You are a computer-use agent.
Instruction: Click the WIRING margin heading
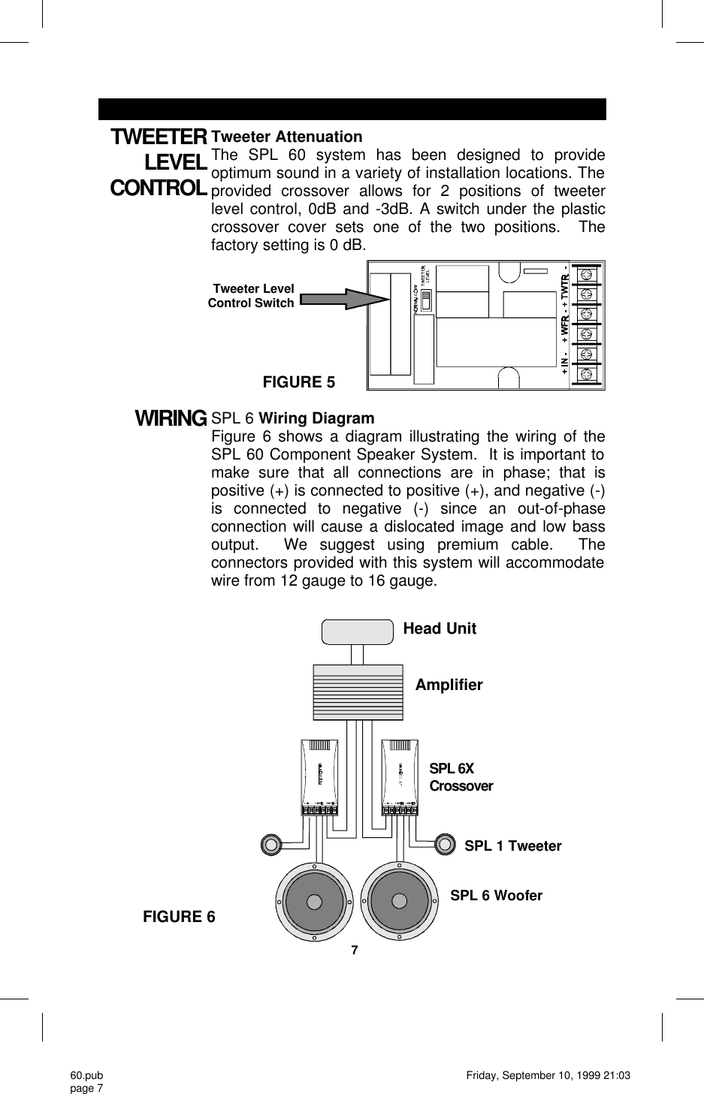point(171,417)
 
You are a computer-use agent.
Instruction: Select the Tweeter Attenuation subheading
point(286,137)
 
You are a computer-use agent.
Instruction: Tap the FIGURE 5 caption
point(298,382)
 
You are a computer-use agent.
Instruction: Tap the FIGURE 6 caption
point(179,917)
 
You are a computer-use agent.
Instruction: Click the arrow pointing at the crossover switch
point(345,299)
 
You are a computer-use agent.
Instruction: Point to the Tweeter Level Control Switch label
point(252,296)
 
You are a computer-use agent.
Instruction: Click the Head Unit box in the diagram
point(357,631)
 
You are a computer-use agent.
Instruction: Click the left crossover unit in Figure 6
point(319,776)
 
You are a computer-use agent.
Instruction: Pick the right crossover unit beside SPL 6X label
point(401,776)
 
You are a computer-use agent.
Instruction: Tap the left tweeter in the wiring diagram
point(271,844)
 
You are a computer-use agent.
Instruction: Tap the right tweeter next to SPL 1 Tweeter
point(444,844)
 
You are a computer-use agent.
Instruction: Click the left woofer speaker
point(314,901)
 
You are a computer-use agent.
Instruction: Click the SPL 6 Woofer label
point(496,895)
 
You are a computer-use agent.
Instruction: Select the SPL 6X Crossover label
point(461,777)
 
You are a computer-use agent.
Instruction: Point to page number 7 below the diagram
point(355,950)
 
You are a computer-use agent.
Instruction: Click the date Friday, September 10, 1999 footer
point(548,1076)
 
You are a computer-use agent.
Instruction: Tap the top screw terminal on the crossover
point(587,273)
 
